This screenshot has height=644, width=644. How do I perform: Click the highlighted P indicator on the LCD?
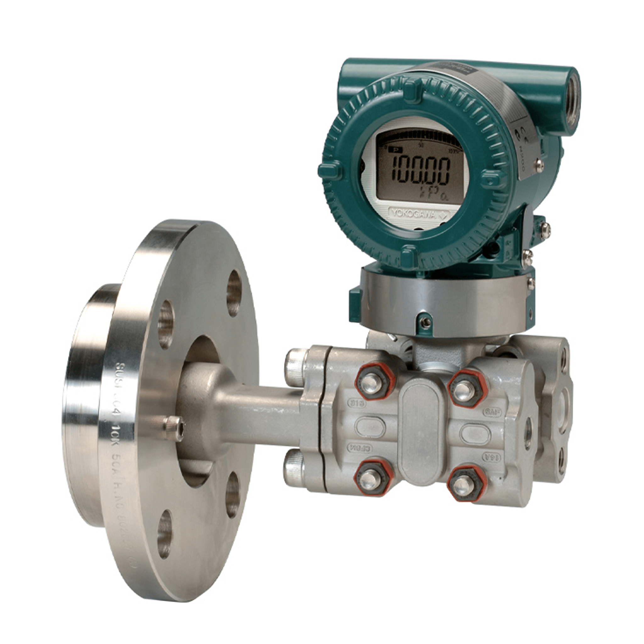point(396,150)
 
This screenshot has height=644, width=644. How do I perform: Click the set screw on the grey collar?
point(424,322)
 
